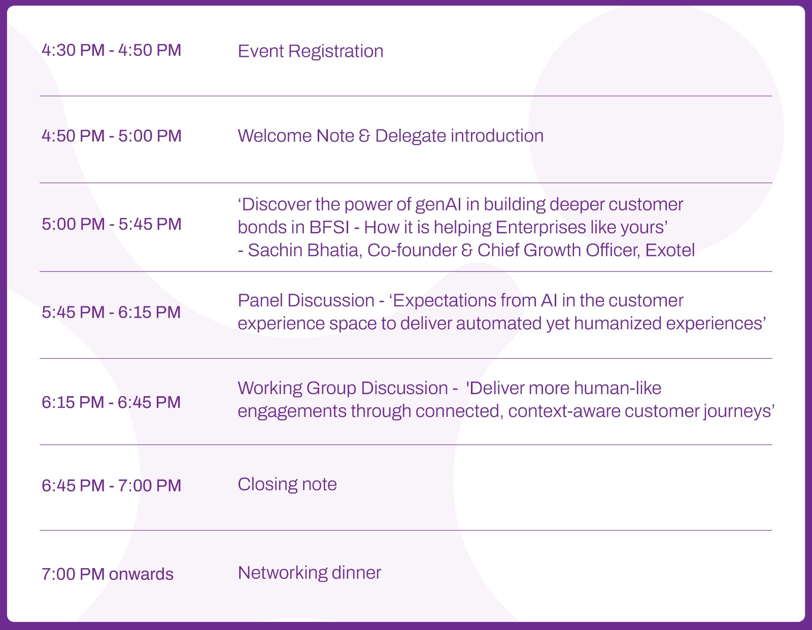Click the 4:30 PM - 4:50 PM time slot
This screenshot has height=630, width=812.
111,50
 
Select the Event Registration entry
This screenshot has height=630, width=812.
311,52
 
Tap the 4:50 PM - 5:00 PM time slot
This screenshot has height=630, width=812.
111,136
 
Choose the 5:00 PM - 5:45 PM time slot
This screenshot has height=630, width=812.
111,224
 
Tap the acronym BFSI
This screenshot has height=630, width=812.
329,227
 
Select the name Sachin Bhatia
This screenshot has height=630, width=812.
305,250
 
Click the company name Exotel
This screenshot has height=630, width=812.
669,250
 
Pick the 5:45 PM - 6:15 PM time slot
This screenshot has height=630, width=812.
111,312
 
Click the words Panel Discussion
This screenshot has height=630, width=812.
306,301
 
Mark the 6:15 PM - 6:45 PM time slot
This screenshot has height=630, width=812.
111,402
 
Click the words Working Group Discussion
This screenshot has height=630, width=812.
343,389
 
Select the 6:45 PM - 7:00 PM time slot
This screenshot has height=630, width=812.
111,485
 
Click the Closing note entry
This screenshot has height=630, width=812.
287,484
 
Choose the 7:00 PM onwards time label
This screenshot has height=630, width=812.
108,574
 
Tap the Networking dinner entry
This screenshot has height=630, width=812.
310,573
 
